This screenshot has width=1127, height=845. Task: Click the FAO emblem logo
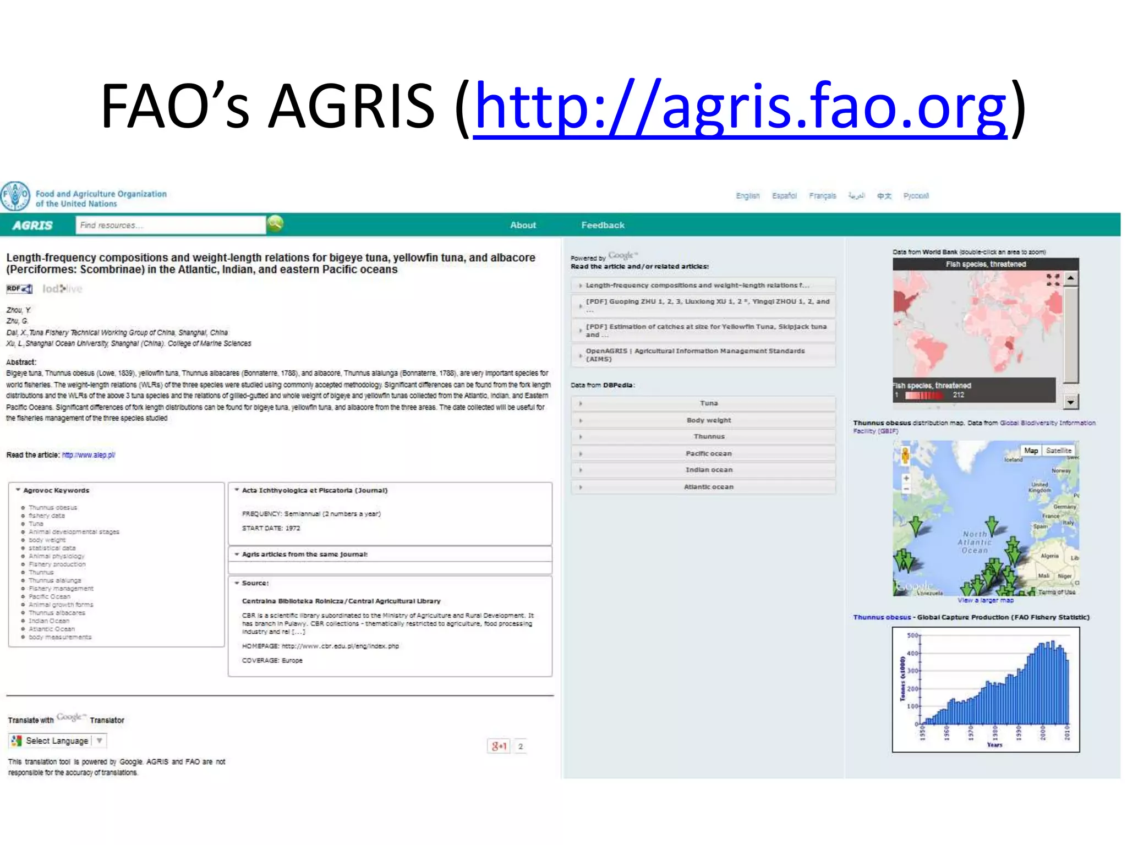[15, 196]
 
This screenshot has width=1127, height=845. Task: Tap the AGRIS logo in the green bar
[32, 226]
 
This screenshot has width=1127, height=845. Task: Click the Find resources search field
[171, 226]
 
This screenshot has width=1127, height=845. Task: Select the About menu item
[522, 226]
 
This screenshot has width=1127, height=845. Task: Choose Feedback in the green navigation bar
[603, 226]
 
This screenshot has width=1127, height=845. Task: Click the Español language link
[784, 196]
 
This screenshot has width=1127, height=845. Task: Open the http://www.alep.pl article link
[89, 455]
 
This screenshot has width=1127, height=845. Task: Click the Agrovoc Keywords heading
[56, 490]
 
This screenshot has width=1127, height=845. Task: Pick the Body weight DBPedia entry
[708, 420]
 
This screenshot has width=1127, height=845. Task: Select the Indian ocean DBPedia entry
[708, 470]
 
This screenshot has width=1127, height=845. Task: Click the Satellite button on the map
[1058, 451]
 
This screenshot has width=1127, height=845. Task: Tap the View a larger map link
[985, 600]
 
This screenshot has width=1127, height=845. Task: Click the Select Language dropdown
[57, 741]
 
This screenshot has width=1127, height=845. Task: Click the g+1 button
[499, 746]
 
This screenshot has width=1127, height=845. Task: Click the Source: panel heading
[255, 583]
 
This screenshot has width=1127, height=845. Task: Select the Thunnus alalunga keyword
[54, 580]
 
